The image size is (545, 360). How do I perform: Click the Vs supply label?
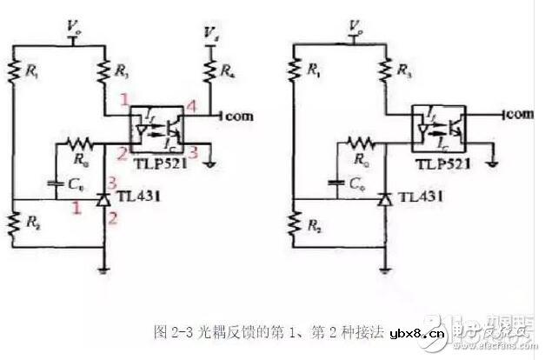(209, 32)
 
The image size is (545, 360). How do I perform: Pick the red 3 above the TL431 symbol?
(112, 179)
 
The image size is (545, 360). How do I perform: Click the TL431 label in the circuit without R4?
(423, 199)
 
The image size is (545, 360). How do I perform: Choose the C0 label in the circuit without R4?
(351, 183)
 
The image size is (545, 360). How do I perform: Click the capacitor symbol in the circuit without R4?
(334, 183)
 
